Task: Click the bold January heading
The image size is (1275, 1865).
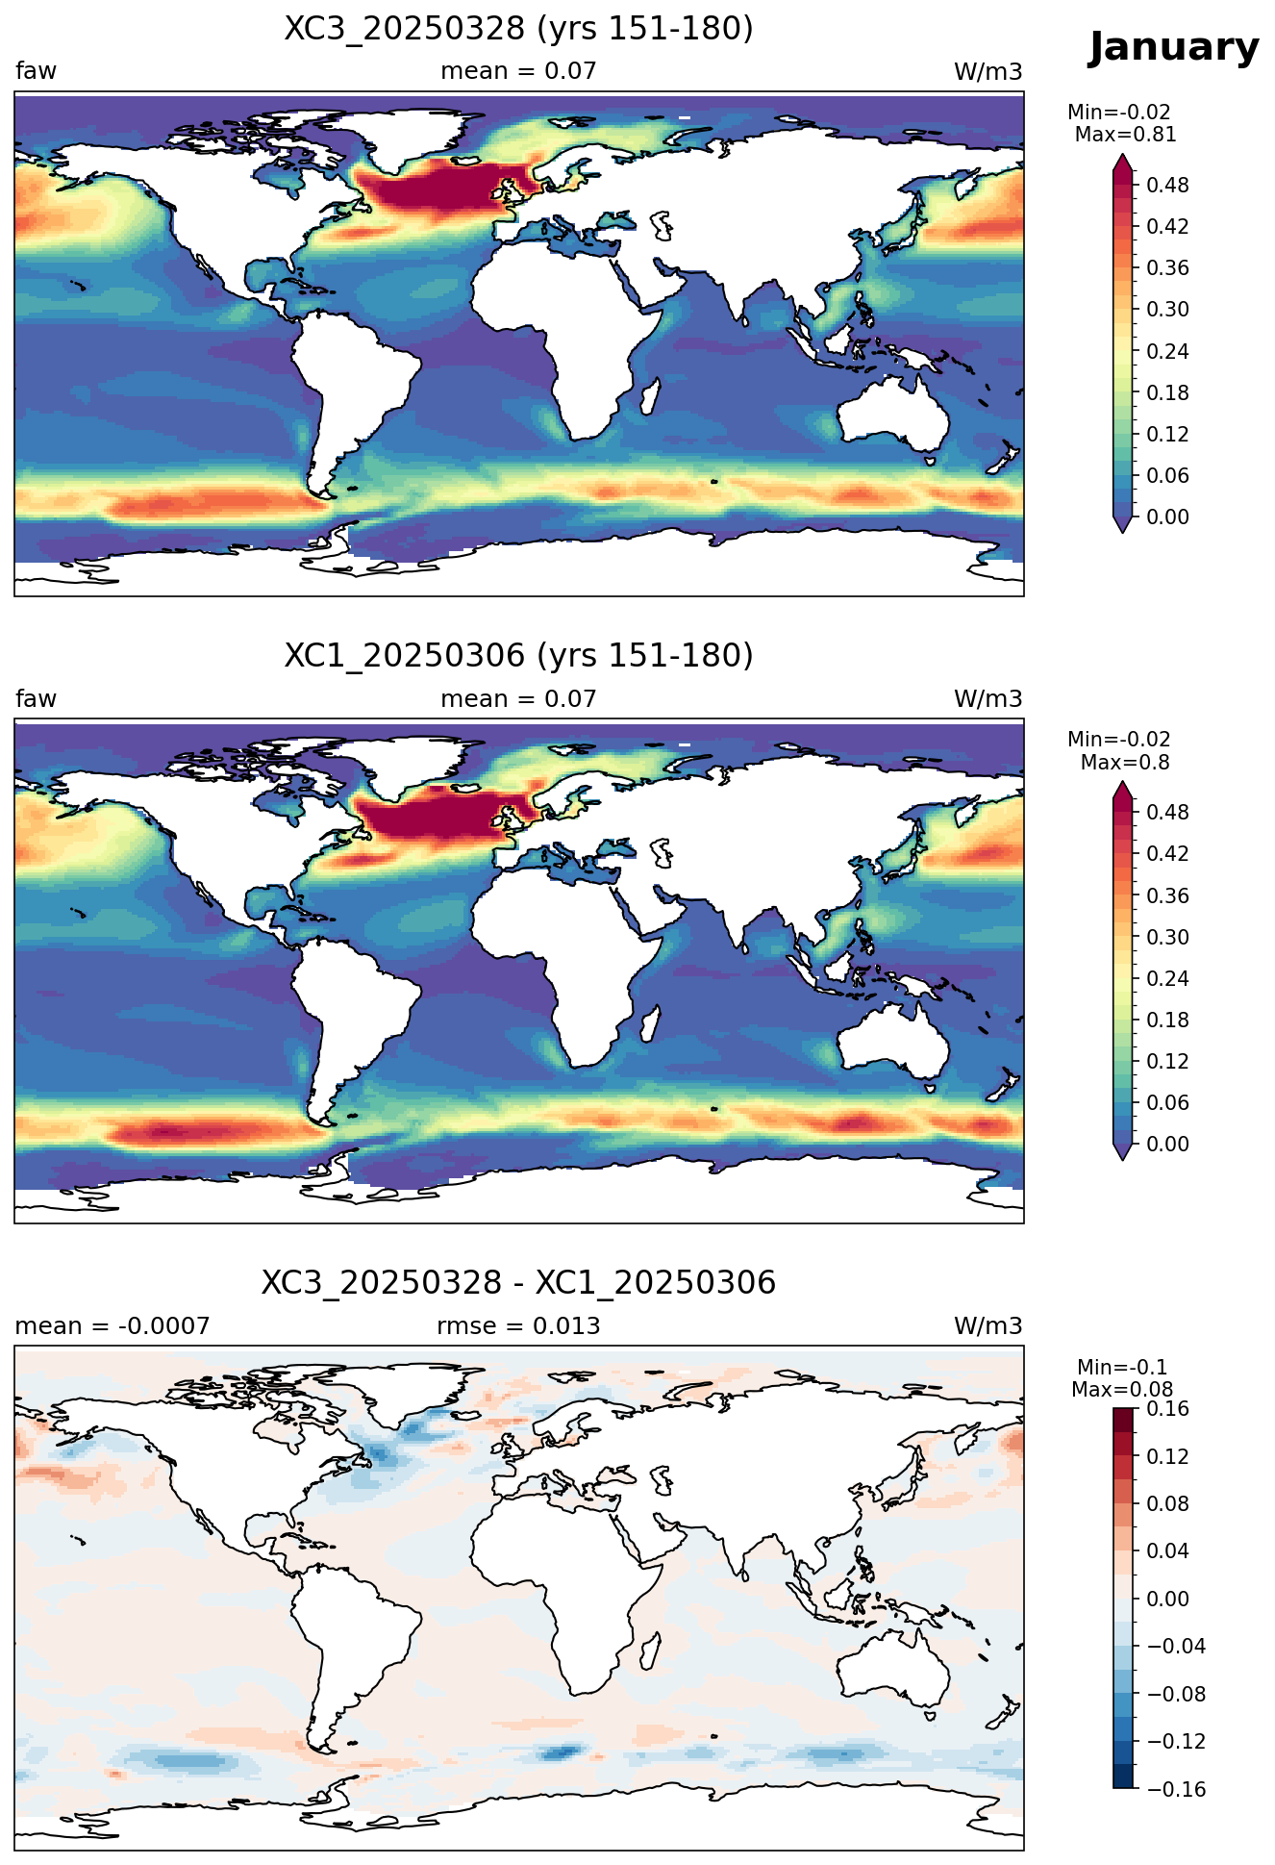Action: tap(1173, 48)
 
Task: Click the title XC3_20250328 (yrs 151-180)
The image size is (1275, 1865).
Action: tap(518, 29)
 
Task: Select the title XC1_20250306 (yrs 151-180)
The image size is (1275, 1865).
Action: tap(518, 656)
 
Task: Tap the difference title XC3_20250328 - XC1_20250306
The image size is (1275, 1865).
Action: tap(518, 1283)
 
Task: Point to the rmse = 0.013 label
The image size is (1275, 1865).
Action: tap(518, 1326)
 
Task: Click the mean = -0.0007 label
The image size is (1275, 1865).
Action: tap(112, 1326)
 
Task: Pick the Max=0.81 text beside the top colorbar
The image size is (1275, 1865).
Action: tap(1125, 135)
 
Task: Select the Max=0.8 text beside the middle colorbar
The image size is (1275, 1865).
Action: tap(1125, 763)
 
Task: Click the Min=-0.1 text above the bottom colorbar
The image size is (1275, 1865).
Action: tap(1122, 1367)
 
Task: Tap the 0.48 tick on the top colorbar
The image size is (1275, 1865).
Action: tap(1167, 185)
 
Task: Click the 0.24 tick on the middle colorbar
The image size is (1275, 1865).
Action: tap(1167, 978)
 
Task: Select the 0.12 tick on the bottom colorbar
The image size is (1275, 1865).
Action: tap(1167, 1456)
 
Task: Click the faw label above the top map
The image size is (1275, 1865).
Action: tap(36, 71)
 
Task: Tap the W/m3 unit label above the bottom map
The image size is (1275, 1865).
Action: tap(987, 1326)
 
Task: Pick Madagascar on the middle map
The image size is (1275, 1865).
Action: tap(651, 1022)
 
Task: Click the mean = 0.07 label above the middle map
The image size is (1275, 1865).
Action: tap(518, 699)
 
